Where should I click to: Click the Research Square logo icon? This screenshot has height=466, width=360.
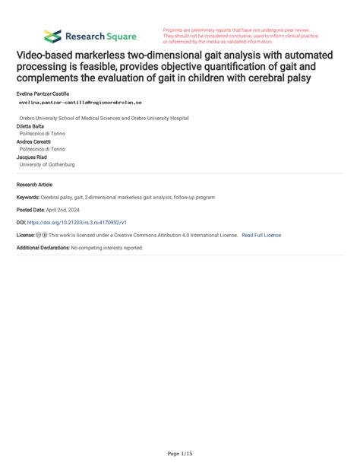[52, 36]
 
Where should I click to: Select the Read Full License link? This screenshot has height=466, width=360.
[261, 235]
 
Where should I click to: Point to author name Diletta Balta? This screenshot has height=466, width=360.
[31, 127]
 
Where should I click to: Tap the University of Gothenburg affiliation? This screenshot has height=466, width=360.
[47, 164]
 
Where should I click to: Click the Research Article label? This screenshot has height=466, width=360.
[34, 185]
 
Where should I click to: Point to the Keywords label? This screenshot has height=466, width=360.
[27, 198]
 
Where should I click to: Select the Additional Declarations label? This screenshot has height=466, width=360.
[43, 248]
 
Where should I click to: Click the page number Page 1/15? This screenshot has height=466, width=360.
[180, 453]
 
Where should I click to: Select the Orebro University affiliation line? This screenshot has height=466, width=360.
[104, 119]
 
